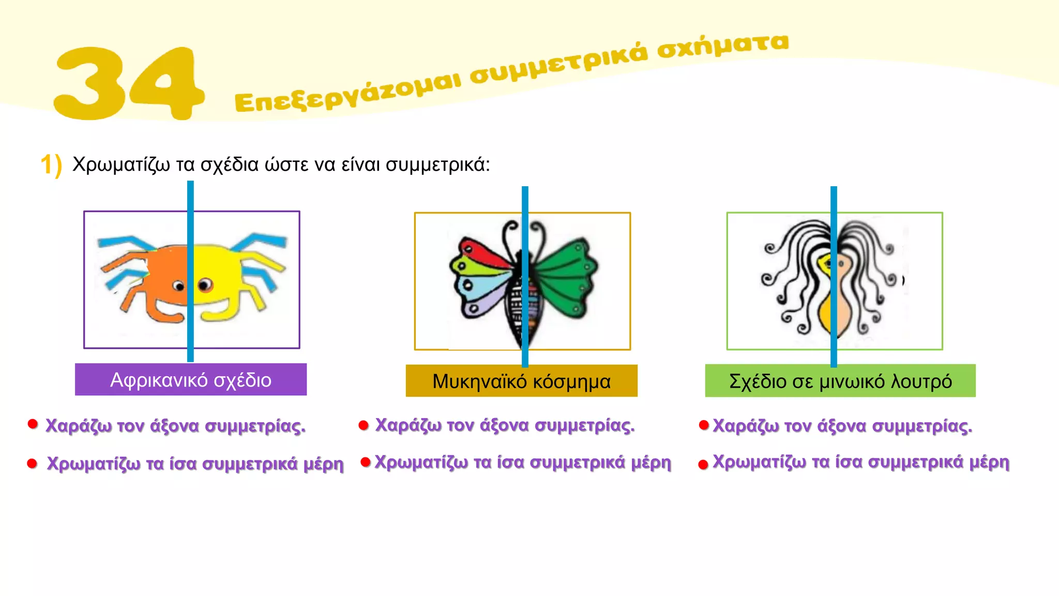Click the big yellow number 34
(129, 83)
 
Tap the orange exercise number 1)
(51, 165)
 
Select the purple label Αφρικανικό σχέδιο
(190, 380)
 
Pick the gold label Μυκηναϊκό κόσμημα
(521, 381)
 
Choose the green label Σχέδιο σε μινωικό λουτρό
(840, 381)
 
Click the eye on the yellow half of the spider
(205, 285)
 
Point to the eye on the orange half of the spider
(178, 286)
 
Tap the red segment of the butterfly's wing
(483, 251)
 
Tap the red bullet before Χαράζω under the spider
(33, 425)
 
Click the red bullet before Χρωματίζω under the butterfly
(366, 462)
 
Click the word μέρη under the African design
(323, 464)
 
